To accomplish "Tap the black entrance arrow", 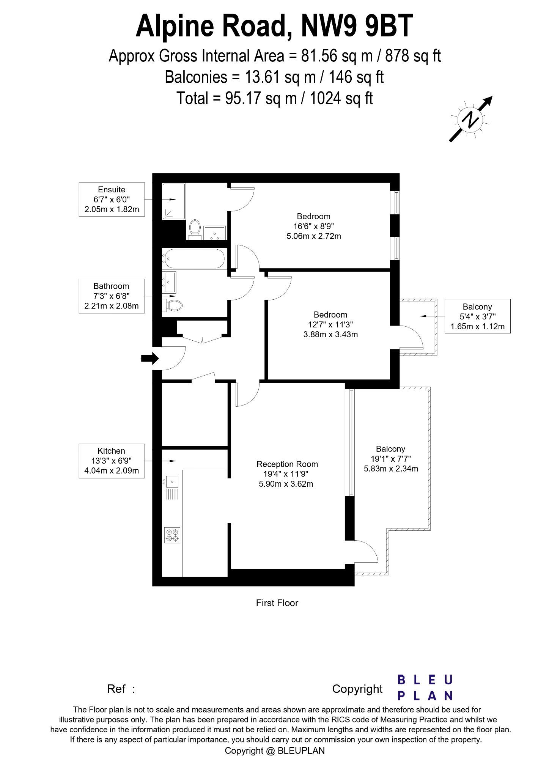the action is pos(150,358).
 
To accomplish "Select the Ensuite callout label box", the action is pos(112,200).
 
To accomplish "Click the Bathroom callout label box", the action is pos(112,296).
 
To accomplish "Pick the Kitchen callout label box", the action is pos(112,461).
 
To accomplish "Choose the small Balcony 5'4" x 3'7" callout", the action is pos(477,316).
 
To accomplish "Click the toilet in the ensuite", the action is pos(195,229).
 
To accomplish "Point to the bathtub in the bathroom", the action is pos(193,258).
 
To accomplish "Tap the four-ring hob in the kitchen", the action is pos(172,535).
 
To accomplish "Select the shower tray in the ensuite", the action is pos(174,201).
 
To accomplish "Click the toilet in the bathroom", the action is pos(174,305).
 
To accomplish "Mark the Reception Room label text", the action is pos(287,464).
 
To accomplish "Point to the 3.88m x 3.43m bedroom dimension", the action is pos(331,335).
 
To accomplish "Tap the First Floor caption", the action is pos(277,603).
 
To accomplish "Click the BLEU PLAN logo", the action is pos(425,687).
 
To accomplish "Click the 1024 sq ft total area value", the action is pos(341,98).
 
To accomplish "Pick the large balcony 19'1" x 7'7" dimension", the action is pos(391,459).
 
